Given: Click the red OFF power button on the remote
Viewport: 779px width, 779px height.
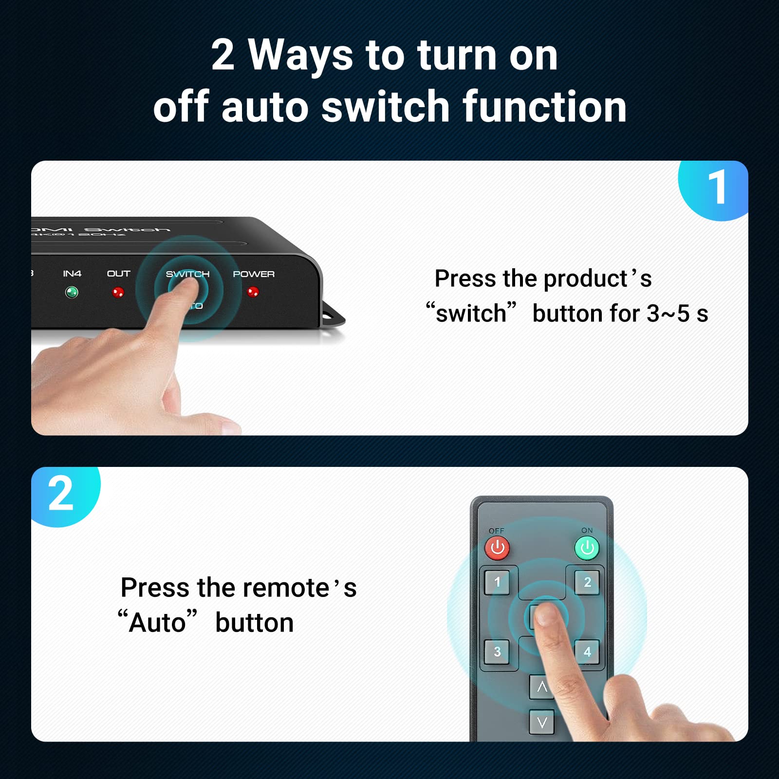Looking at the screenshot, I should (497, 548).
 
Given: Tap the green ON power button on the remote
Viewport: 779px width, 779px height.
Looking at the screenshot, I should (587, 548).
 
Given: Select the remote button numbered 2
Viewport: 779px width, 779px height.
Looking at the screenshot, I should (587, 582).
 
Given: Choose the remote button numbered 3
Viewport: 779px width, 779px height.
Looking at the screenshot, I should (497, 652).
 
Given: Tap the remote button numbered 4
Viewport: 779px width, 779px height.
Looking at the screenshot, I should (587, 652).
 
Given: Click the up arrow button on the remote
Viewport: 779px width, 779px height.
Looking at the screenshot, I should (542, 687).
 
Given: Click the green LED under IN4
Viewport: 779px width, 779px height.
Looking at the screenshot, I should (72, 292).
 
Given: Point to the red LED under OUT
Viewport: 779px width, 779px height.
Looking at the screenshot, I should (118, 292).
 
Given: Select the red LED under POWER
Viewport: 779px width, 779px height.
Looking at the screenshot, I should (253, 292).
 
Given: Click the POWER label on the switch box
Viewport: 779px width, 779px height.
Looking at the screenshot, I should (253, 274).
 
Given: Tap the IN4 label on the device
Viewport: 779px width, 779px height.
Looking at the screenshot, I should (72, 274).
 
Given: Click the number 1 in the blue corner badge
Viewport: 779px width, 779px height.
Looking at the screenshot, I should (717, 187).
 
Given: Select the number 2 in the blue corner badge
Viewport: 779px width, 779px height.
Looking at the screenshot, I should (61, 494).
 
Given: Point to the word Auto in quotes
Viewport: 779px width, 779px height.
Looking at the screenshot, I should (157, 623).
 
